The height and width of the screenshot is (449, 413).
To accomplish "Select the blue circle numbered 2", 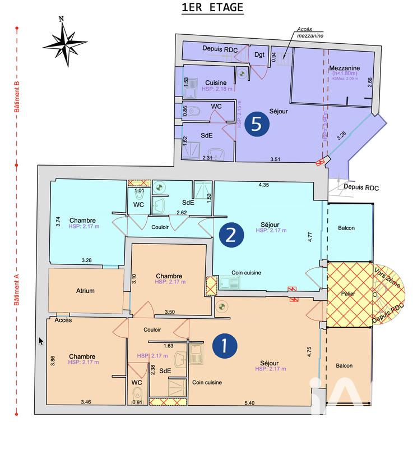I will (x=231, y=236).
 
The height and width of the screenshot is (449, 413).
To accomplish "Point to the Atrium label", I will (x=85, y=291).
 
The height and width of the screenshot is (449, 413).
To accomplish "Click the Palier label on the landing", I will (x=349, y=294).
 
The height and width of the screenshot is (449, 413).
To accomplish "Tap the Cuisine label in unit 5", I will (x=215, y=83).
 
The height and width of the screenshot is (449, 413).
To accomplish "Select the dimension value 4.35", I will (x=264, y=185).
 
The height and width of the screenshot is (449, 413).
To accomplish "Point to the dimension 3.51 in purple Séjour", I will (x=275, y=159).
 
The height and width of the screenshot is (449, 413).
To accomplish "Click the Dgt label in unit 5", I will (x=259, y=54).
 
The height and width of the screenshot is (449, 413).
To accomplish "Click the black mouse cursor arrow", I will (x=40, y=341).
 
